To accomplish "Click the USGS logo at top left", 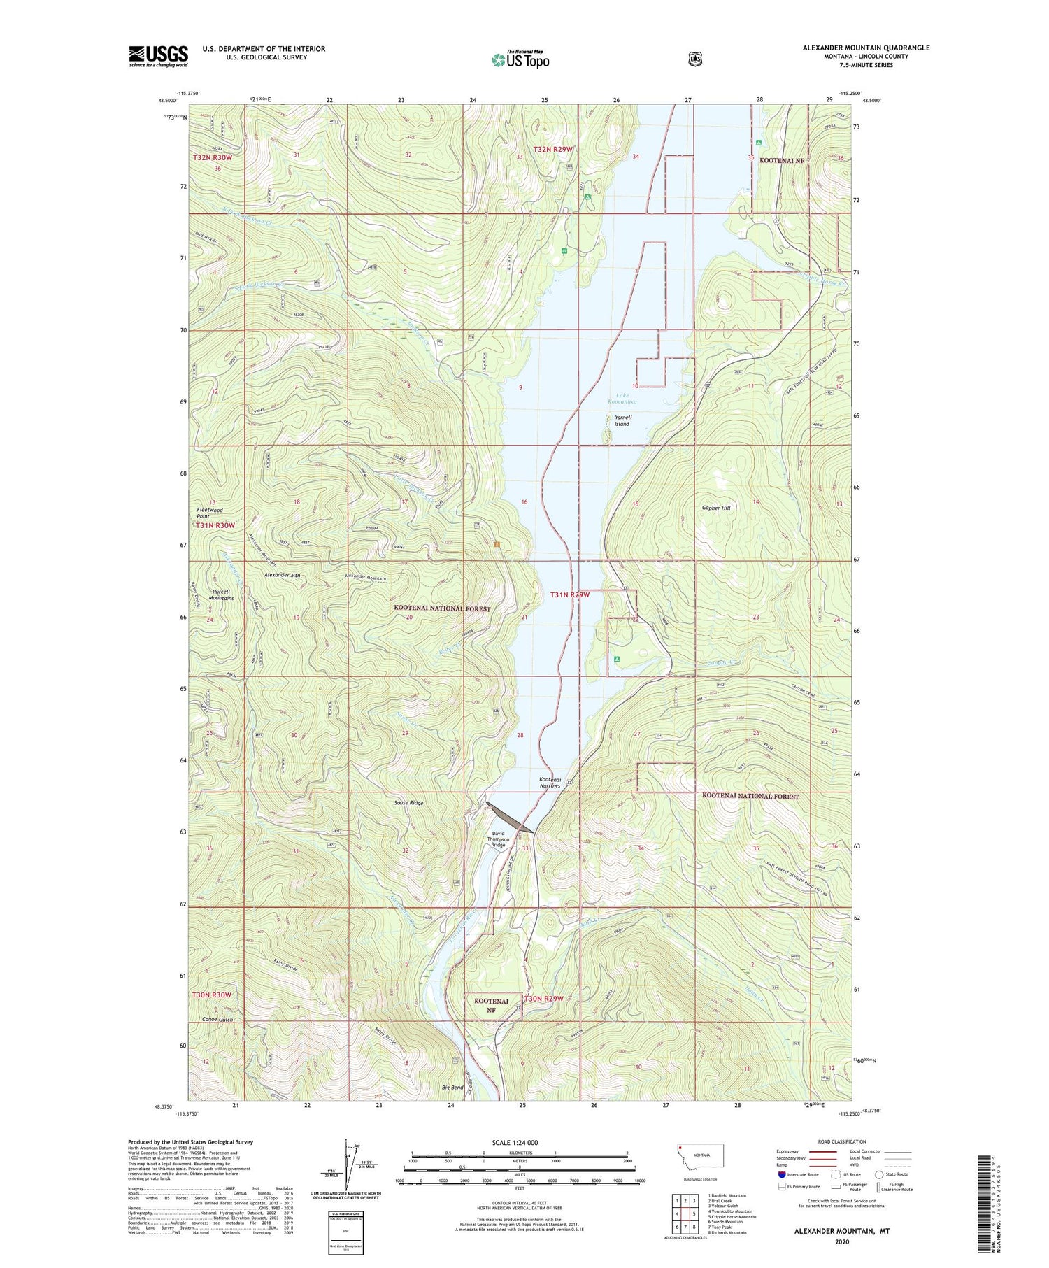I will pos(158,56).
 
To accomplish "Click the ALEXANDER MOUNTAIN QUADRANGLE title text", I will pos(866,48).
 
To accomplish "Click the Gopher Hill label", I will pos(716,508).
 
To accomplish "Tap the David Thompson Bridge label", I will pos(498,839).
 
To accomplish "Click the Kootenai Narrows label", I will pos(550,782).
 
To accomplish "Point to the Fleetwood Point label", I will pos(208,513).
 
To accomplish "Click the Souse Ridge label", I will pos(408,803).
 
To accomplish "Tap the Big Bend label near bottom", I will pos(452,1088).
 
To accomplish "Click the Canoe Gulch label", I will pos(217,1020).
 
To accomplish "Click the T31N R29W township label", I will pos(570,594).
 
